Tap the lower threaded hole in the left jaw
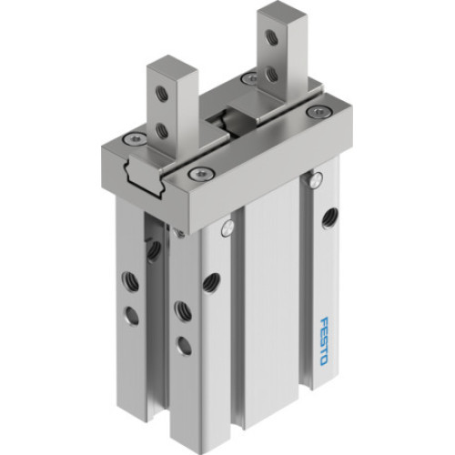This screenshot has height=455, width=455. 162,132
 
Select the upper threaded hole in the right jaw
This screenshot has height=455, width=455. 270,38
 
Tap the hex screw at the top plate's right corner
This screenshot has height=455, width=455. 316,112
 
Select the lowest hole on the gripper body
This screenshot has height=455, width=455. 183,345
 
